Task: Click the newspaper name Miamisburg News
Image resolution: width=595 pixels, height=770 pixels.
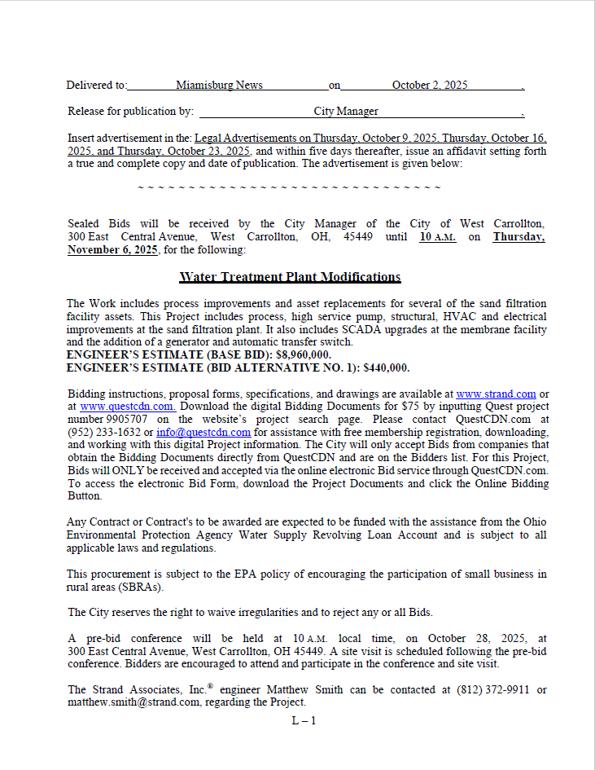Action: [219, 85]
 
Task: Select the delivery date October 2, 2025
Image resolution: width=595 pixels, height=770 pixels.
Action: [430, 85]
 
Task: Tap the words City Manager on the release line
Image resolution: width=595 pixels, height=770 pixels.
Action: [346, 111]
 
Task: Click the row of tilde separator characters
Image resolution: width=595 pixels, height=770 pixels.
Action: [289, 187]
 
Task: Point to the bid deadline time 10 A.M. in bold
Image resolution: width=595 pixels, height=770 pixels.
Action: [438, 237]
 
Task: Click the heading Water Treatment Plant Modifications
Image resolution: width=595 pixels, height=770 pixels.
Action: [290, 277]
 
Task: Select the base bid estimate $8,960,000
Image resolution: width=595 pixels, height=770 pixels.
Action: [301, 354]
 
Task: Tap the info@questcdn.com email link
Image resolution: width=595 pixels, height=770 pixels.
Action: [203, 432]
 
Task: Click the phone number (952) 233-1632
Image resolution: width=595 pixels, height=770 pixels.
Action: [102, 432]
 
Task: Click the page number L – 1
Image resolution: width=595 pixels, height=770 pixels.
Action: [304, 720]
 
